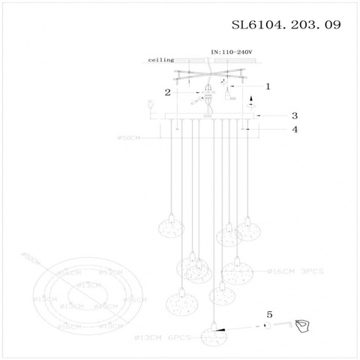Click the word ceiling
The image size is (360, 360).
(161, 58)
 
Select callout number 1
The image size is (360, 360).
(267, 86)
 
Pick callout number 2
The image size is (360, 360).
(169, 93)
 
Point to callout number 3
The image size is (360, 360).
(295, 115)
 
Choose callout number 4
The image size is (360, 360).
(295, 129)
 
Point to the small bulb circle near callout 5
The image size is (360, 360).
(265, 325)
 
